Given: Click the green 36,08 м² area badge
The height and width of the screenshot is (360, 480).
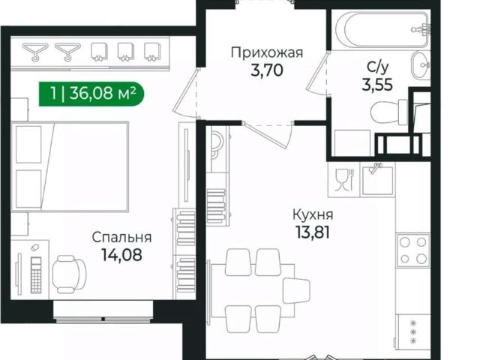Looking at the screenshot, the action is pos(91,94).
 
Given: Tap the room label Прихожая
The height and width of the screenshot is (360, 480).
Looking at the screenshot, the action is pos(267,52).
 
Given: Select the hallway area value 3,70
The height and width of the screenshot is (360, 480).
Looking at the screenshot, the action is pos(267,70).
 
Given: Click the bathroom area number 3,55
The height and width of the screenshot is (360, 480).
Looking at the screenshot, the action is pos(377,85).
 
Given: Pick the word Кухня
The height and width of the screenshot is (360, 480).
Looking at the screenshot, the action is pos(313,214).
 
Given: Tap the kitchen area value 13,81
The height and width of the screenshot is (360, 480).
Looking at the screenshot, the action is pos(313,232).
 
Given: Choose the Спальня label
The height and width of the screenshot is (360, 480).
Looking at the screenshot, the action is pos(121,238).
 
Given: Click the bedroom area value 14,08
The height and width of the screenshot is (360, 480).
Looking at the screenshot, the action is pos(121,255).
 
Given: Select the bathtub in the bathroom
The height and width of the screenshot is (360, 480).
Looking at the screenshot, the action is pos(382,29).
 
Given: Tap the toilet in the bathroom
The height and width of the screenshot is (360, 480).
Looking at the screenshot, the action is pos(388,112).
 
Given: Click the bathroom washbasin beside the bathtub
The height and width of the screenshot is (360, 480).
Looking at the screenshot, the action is pos(421,64).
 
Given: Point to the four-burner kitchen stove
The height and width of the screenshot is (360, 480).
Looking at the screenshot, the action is pos(413,250).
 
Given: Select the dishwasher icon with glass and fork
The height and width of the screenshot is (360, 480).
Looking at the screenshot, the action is pos(344,180).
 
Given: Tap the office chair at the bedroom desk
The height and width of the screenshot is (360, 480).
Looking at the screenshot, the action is pos(68,274).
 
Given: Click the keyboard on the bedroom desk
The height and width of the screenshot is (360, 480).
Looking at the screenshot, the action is pos(36,275).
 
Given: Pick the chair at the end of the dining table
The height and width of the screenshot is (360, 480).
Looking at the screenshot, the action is pos(296,290).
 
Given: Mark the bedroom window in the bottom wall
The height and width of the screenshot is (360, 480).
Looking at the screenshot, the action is pos(103,312).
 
